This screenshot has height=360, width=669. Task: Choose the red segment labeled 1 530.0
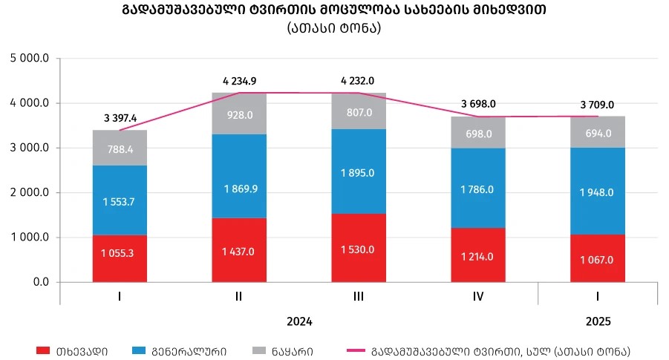click(x=358, y=248)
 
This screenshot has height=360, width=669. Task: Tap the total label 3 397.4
click(x=120, y=118)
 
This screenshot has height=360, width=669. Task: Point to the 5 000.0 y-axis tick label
click(x=29, y=59)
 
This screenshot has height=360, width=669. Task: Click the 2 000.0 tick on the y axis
click(x=29, y=193)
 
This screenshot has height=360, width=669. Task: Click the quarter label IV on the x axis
click(x=477, y=297)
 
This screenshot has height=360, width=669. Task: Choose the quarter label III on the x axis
click(x=358, y=297)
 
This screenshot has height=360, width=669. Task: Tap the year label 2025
click(x=597, y=322)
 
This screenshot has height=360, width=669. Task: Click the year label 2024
click(x=298, y=322)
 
